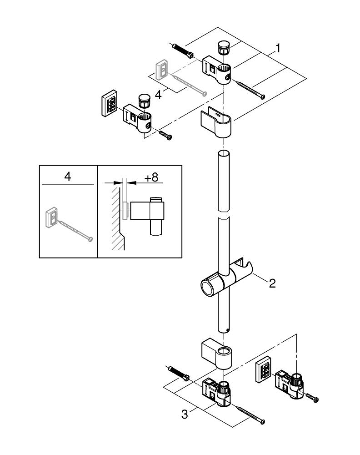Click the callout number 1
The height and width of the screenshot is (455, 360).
278,47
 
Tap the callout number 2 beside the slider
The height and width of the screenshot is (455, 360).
272,284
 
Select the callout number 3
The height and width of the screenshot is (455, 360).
185,414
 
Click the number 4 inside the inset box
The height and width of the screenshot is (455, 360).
68,177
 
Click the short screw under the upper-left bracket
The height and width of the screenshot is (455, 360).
165,135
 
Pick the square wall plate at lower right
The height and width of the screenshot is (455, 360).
263,368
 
